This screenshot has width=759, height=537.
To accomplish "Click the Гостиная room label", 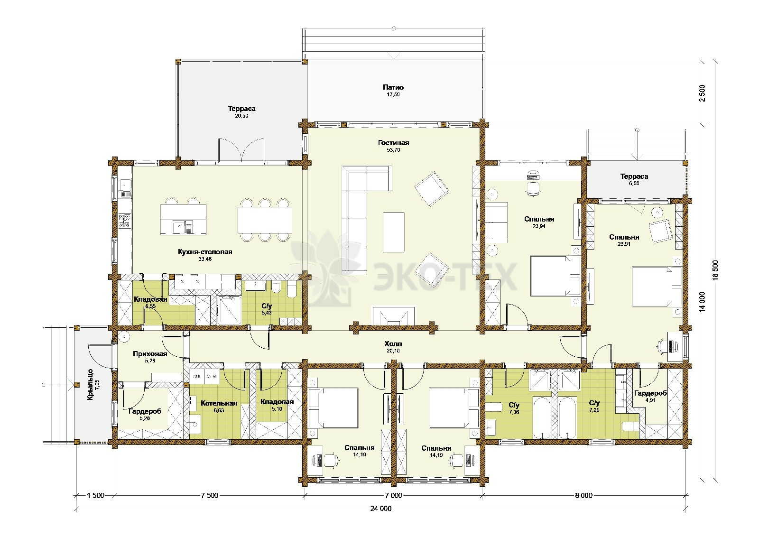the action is (x=393, y=143).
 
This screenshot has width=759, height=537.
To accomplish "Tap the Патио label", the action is (x=393, y=87).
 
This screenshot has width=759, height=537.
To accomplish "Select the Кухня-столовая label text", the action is (x=205, y=252).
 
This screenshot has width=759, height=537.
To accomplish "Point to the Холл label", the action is (x=393, y=344).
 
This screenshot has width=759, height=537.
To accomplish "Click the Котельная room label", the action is (x=219, y=403).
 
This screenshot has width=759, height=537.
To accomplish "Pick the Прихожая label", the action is (x=150, y=354).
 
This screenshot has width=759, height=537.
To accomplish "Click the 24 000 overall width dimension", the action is (x=381, y=509).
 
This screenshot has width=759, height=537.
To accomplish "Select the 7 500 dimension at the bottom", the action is (x=209, y=496).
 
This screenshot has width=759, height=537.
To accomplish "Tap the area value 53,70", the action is (x=393, y=150).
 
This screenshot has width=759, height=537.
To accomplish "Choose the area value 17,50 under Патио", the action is (x=393, y=94).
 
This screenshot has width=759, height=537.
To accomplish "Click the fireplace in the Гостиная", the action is (x=394, y=316).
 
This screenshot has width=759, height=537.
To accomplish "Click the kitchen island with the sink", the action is (x=183, y=219).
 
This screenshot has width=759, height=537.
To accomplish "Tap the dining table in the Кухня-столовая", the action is (x=265, y=220).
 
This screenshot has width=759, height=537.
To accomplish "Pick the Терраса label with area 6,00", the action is (x=634, y=176).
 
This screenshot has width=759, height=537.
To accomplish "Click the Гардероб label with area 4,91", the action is (x=650, y=393).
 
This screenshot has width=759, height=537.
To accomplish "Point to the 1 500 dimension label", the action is (x=95, y=496).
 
